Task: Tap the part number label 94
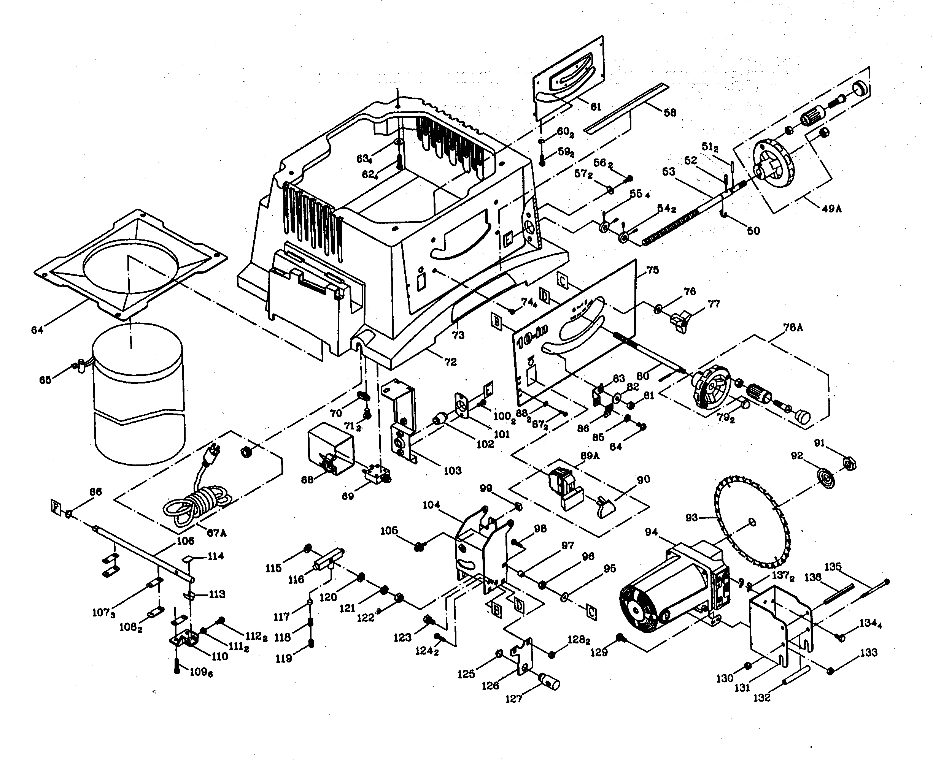click(x=651, y=532)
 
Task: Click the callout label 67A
click(x=217, y=533)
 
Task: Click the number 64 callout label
click(x=37, y=330)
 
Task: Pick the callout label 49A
click(x=831, y=208)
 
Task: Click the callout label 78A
click(x=793, y=328)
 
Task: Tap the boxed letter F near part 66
click(x=56, y=507)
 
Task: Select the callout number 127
click(x=513, y=699)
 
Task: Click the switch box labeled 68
click(x=331, y=448)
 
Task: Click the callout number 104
click(x=431, y=505)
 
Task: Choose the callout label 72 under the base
click(x=450, y=362)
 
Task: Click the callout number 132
click(x=761, y=698)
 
